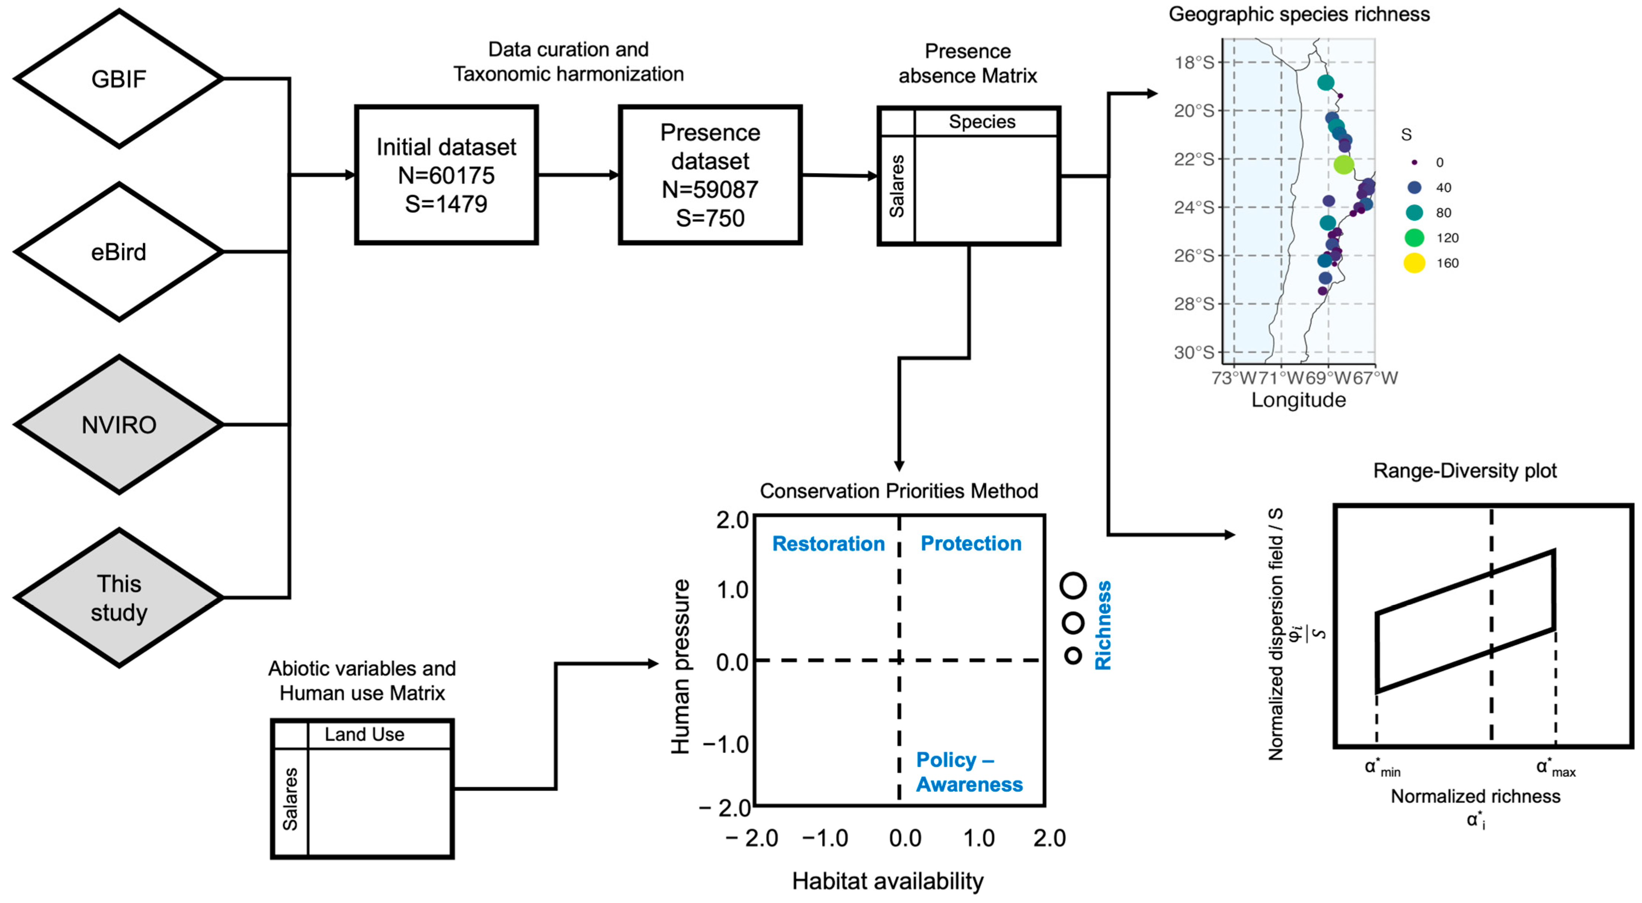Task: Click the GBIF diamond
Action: pos(118,79)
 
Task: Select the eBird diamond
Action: pos(118,252)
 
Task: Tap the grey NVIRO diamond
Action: pos(118,425)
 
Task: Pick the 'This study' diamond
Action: pos(118,598)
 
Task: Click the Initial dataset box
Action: pos(446,175)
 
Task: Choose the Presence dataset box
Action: pos(710,175)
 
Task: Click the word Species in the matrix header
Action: pos(981,122)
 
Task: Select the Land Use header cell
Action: pos(365,734)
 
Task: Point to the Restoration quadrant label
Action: pos(828,544)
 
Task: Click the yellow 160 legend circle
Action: pos(1414,263)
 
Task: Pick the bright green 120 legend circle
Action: pos(1414,238)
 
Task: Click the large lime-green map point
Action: pos(1343,165)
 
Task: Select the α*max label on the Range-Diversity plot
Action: pos(1555,768)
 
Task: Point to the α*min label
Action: pos(1382,768)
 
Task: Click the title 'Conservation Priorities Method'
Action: pos(899,491)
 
